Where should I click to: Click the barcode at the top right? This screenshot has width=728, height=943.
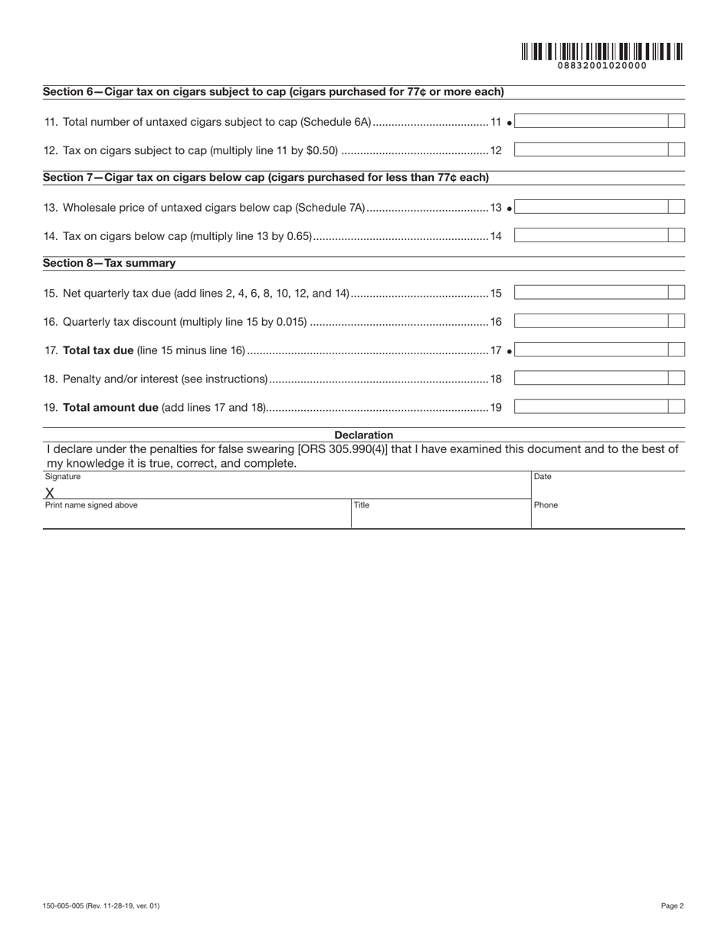[602, 51]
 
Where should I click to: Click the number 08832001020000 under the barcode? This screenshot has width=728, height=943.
[602, 66]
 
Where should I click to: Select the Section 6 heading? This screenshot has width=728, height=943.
[273, 92]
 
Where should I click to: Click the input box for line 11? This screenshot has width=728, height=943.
[591, 121]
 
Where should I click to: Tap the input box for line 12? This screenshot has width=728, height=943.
[591, 150]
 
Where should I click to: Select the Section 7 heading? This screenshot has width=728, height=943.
[265, 178]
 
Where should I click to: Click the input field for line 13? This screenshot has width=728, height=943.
[591, 207]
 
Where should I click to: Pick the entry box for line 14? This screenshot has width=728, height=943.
[591, 236]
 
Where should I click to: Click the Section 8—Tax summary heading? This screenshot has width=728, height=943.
[109, 263]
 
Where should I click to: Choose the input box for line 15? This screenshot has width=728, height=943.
[591, 293]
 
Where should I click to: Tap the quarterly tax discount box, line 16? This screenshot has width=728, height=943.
[591, 322]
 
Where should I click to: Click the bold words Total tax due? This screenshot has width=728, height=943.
[98, 350]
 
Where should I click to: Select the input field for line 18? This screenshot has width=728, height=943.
[591, 379]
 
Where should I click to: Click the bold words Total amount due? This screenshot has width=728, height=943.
[110, 407]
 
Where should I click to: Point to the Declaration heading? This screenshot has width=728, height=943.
[363, 435]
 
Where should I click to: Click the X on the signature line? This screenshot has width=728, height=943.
[50, 493]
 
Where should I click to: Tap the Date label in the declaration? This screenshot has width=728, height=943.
[543, 477]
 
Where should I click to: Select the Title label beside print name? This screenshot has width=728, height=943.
[362, 505]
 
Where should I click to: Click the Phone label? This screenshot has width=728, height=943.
[546, 505]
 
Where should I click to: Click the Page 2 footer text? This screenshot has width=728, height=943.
[672, 905]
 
